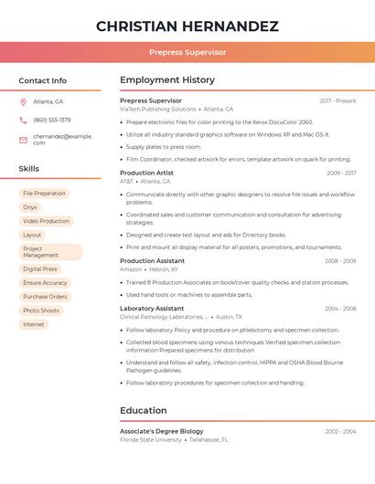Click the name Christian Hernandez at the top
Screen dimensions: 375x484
click(x=187, y=26)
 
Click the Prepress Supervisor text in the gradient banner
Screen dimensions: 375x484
click(x=187, y=52)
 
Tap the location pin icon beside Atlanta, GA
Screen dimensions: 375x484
click(x=23, y=101)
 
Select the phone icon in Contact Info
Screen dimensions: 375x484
click(x=23, y=120)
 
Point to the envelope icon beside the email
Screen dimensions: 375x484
click(x=23, y=139)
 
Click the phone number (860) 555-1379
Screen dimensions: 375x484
click(x=51, y=120)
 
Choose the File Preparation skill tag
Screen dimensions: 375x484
click(x=44, y=194)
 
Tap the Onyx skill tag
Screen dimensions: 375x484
click(x=30, y=207)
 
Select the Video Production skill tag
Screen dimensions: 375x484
click(x=46, y=221)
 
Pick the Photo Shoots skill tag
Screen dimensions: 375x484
click(x=41, y=310)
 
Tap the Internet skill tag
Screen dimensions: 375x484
click(x=34, y=324)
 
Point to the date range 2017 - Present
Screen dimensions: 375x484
click(x=337, y=100)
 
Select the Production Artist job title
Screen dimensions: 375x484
click(x=146, y=173)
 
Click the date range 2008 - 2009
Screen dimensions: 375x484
click(x=340, y=261)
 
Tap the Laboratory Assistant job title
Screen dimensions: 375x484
click(x=152, y=309)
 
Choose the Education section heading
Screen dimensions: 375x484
click(x=144, y=410)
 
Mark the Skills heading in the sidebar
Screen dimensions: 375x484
click(x=29, y=169)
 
